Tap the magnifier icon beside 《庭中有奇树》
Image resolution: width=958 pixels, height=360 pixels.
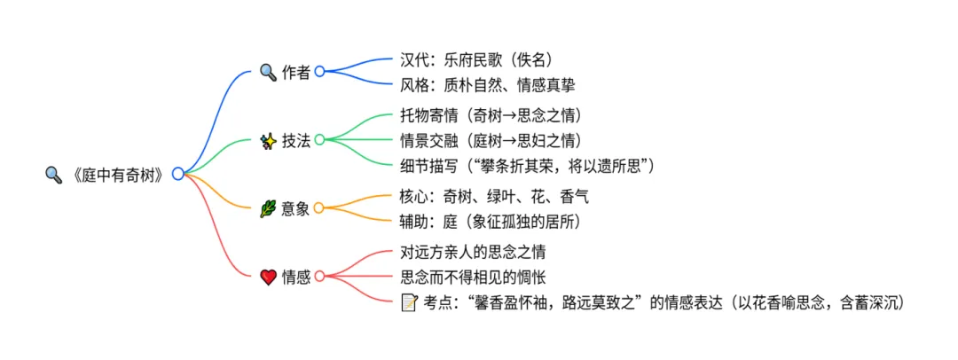[x=52, y=175]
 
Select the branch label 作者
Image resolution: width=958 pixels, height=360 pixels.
[x=296, y=73]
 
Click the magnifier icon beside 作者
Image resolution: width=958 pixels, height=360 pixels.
[x=268, y=73]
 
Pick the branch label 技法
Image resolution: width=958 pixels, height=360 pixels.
[x=296, y=140]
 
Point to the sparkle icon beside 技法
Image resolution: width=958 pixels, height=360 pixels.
[x=268, y=140]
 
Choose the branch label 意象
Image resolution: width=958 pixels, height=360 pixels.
[x=296, y=209]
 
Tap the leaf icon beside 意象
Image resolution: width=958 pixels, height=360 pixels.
[x=268, y=209]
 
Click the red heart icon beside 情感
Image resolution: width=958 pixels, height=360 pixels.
[x=268, y=278]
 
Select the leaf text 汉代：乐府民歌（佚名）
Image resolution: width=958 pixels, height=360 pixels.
[x=476, y=60]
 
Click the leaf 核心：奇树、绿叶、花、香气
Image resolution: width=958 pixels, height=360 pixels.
[x=494, y=196]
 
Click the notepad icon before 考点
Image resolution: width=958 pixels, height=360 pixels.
[x=409, y=302]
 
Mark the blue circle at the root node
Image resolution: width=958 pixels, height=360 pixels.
[x=177, y=174]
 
